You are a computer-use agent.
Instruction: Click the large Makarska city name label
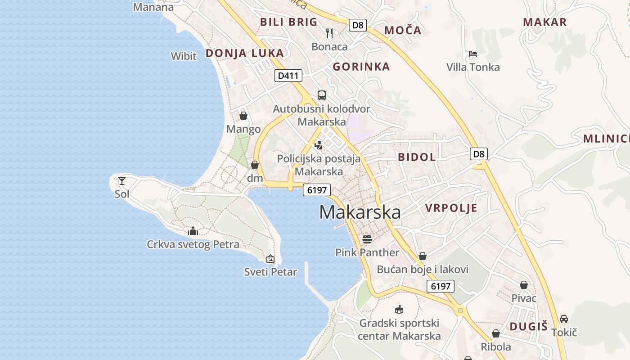360,212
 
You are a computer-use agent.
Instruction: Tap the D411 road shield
288,76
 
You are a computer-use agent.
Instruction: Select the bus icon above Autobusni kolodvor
321,95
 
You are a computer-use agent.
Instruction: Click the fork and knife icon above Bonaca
330,33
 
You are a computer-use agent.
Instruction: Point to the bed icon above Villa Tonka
472,54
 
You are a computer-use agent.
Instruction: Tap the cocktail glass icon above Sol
121,181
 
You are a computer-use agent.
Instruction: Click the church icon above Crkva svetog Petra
193,231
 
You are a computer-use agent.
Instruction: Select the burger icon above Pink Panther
367,238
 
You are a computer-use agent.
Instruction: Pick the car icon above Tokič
563,319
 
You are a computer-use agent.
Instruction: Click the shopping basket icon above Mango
243,116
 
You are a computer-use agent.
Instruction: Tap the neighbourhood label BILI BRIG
288,22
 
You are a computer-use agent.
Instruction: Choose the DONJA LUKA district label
244,53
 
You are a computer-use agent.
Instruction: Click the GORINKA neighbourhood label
361,67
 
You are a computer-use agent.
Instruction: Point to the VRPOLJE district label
451,208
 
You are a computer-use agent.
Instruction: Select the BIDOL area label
417,157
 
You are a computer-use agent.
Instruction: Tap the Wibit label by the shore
184,56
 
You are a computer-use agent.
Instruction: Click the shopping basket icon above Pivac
524,285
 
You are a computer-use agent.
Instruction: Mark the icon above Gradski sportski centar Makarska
399,309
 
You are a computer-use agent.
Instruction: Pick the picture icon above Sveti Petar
270,259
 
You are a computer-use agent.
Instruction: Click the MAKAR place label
544,22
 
